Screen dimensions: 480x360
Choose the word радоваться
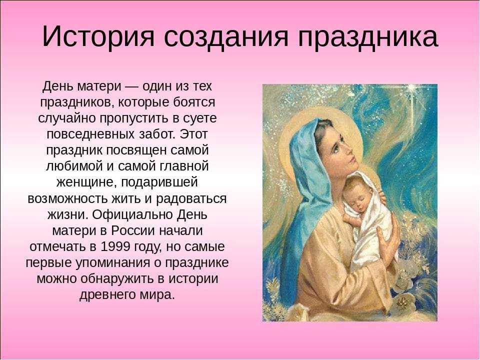click(191, 199)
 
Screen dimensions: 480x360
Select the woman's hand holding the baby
click(387, 239)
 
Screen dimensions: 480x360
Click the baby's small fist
click(348, 218)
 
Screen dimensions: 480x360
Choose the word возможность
click(67, 199)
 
